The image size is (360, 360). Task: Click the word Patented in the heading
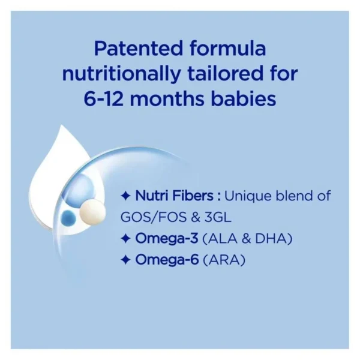point(138,49)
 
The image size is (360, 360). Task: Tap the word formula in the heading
point(228,48)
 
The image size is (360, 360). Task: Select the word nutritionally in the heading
point(121,74)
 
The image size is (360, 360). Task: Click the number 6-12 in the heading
point(103,99)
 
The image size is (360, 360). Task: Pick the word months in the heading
point(167,99)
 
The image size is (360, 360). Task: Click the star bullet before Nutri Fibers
point(125,197)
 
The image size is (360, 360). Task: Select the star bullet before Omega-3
point(125,239)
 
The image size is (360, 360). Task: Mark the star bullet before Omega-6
point(125,260)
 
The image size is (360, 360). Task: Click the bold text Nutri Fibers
point(175,196)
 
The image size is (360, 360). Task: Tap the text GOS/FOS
point(154,217)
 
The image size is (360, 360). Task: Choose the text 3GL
point(218,217)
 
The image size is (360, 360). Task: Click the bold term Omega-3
point(167,239)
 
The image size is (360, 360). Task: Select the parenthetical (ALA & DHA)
point(247,239)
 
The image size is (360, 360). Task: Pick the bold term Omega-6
point(167,260)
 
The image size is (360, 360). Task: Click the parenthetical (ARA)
point(224,260)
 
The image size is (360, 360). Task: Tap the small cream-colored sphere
point(93,212)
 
